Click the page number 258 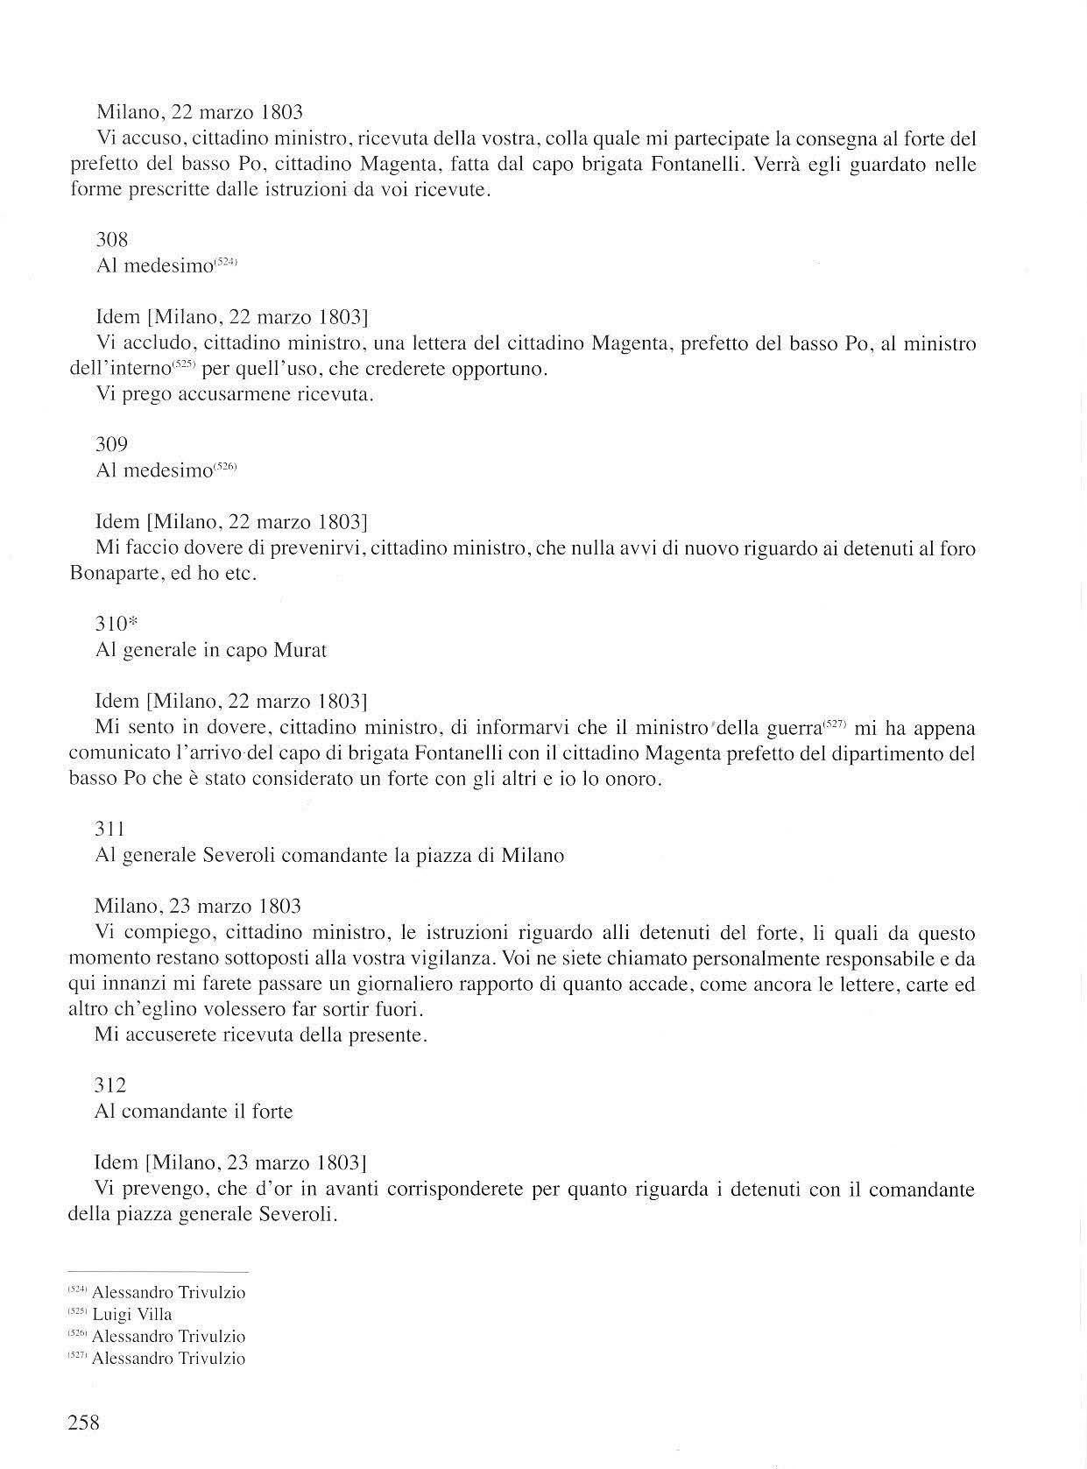(84, 1422)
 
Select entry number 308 (112, 239)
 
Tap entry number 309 (111, 444)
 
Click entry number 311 (110, 829)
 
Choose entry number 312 (110, 1085)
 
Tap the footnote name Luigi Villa (132, 1314)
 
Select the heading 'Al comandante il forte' (194, 1112)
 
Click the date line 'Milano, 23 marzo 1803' (198, 906)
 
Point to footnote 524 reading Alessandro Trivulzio (158, 1292)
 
